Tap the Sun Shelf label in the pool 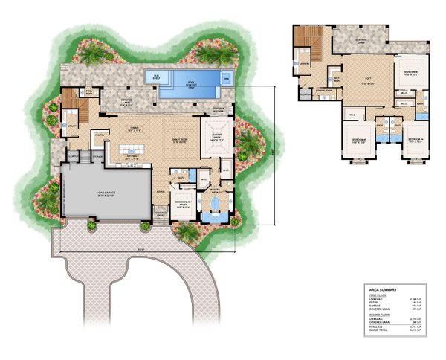point(157,76)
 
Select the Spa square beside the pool point(227,77)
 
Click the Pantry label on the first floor point(99,135)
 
